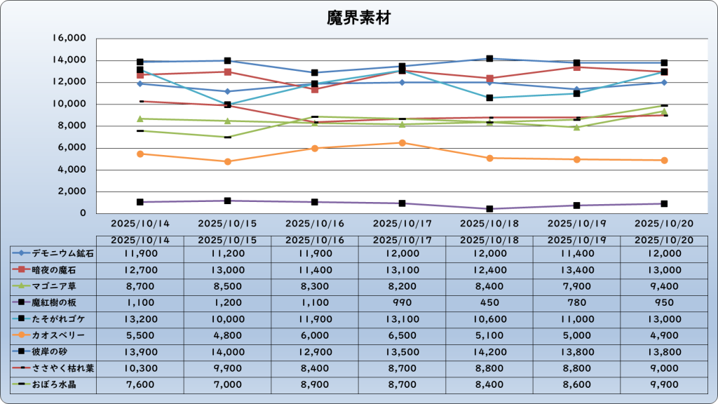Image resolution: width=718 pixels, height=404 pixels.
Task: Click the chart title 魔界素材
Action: click(358, 18)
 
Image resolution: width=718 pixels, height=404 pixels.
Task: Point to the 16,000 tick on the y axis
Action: click(69, 39)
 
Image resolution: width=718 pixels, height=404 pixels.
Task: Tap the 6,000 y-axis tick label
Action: click(72, 148)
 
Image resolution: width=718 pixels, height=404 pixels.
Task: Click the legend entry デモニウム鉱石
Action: click(53, 254)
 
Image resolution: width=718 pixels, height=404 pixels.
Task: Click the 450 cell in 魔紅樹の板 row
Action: click(489, 303)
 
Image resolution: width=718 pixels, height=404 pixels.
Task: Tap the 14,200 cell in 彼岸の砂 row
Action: click(489, 352)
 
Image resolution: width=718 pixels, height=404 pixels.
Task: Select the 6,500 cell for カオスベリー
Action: click(402, 335)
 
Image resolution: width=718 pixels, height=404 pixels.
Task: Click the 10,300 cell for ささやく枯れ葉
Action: click(140, 368)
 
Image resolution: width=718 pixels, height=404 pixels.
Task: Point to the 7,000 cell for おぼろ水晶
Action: click(227, 384)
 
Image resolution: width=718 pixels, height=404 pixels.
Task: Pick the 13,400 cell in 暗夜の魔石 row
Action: click(576, 270)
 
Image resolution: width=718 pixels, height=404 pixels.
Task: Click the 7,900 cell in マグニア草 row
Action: click(576, 286)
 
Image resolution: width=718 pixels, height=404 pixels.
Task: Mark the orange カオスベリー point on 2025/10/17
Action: click(402, 143)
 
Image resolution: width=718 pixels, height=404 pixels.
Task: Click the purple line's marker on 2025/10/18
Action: click(489, 209)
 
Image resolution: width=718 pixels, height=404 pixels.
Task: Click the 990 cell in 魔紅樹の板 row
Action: click(402, 303)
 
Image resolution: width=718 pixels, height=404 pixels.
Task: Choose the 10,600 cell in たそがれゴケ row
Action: click(489, 319)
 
